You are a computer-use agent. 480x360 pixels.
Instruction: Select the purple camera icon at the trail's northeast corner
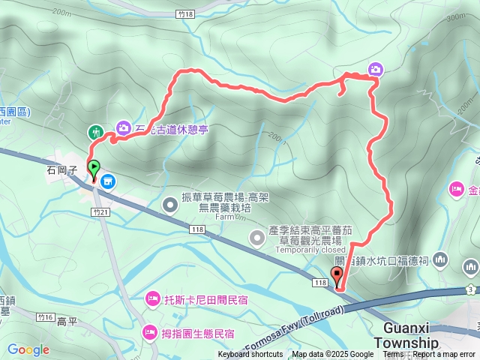click(374, 70)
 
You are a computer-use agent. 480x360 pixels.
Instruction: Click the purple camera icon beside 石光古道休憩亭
click(123, 129)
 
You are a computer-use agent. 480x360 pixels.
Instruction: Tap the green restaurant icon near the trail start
click(95, 131)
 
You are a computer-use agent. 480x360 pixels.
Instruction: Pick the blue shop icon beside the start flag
click(108, 181)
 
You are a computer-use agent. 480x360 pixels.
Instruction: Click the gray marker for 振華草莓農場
click(172, 202)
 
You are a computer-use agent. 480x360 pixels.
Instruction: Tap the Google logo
click(28, 349)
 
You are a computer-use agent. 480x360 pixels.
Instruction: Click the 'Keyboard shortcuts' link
click(250, 355)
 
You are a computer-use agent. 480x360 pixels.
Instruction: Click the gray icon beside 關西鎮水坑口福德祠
click(439, 260)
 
